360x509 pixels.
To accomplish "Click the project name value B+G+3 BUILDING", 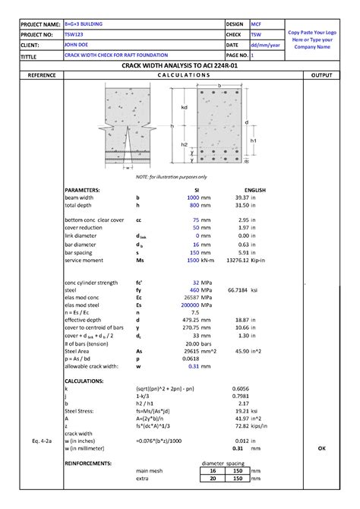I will coord(84,24).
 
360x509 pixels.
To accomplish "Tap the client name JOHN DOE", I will coord(77,46).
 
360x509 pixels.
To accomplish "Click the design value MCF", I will coord(256,24).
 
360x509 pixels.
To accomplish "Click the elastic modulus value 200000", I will coord(190,305).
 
